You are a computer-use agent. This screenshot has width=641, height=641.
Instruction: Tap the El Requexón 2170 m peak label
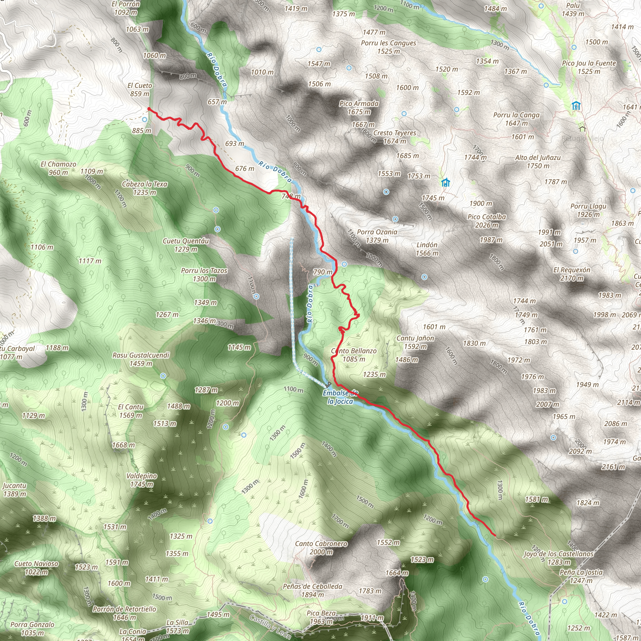tap(571, 274)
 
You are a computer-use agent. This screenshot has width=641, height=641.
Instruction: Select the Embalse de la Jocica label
tap(340, 397)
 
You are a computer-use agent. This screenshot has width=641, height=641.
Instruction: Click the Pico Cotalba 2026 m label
tap(486, 221)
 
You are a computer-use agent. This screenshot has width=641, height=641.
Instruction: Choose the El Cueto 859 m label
tap(140, 90)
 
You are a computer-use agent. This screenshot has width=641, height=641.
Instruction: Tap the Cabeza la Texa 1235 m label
tap(145, 188)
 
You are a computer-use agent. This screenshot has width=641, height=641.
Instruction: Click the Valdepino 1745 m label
tap(142, 480)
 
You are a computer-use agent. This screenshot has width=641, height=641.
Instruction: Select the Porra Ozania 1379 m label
tap(377, 236)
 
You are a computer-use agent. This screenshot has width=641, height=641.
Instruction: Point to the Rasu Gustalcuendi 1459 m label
tap(141, 359)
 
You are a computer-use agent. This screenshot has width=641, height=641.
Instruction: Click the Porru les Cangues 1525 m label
tap(388, 47)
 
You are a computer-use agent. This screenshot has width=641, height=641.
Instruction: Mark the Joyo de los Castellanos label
tap(558, 554)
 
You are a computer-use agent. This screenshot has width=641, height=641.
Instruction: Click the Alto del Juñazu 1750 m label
tap(537, 162)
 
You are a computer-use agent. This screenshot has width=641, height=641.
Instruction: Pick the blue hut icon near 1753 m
tap(445, 182)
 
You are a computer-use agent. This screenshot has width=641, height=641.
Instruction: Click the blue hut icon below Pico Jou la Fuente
tap(576, 106)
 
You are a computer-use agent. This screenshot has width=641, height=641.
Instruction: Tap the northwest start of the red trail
tap(148, 109)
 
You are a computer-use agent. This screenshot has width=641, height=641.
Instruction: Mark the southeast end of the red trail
tap(495, 535)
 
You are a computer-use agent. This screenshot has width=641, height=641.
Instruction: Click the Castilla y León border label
tap(270, 626)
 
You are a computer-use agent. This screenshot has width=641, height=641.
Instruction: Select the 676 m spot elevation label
tap(244, 169)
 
